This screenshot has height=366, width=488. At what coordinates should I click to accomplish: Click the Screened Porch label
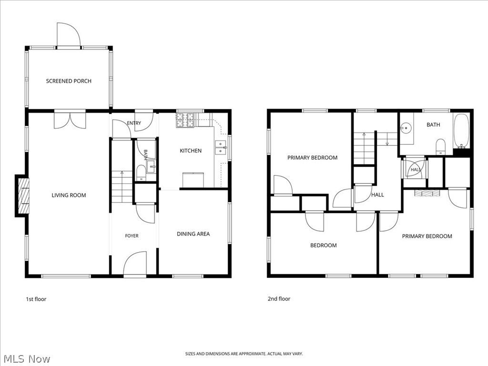coord(69,81)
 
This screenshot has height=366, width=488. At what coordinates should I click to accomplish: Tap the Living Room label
coord(69,195)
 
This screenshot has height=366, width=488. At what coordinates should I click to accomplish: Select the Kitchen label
coord(191,151)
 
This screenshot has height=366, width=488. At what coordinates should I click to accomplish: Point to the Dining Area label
coord(193,234)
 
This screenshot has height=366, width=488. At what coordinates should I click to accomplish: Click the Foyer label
coord(132,236)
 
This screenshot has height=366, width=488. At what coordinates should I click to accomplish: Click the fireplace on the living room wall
coord(22,195)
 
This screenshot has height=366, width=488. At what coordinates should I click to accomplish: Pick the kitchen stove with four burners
coord(185,120)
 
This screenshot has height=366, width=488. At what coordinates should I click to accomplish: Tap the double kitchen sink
coord(221,148)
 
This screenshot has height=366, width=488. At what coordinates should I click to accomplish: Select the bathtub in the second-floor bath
coord(461,131)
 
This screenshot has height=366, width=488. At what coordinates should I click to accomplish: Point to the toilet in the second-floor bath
coord(440,147)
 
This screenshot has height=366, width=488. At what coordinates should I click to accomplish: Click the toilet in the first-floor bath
coord(141,173)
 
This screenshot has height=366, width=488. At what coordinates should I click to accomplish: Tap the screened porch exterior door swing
coord(69,34)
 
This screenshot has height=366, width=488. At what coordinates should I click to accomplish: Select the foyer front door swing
coord(135,263)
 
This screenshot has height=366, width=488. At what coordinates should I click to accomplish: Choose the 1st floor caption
coord(36,299)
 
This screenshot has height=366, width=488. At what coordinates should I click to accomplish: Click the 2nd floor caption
coord(279,299)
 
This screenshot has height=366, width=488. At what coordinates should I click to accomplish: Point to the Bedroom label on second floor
coord(324,245)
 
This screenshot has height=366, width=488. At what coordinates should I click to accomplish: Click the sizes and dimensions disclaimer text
coord(244,354)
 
